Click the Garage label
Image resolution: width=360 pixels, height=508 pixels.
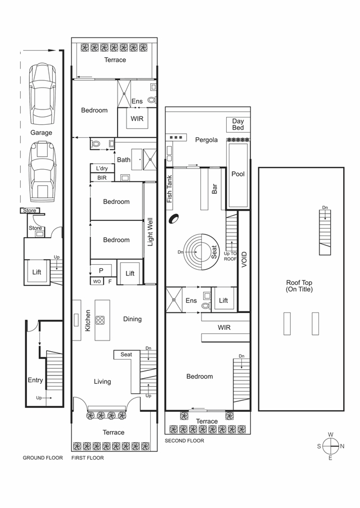41,133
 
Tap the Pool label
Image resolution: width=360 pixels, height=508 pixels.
238,174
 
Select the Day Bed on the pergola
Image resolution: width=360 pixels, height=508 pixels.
238,124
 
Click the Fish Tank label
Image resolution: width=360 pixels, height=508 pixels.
169,189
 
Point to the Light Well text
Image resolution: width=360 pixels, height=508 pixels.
150,232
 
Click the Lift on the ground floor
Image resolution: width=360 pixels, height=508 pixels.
37,272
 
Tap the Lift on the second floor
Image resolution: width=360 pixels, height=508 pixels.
223,300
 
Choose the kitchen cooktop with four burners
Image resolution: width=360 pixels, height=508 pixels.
100,320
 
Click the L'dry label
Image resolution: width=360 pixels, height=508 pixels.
102,169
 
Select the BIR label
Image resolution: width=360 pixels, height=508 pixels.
102,178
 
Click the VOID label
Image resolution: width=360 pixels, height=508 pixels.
244,260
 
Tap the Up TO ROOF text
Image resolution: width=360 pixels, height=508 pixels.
230,256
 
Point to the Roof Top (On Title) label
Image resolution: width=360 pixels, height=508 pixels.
299,286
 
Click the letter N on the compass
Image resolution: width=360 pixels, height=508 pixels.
342,446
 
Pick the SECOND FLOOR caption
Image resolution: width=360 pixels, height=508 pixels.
184,441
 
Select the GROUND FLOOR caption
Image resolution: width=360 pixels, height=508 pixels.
43,458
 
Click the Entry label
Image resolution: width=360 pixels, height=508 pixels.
35,380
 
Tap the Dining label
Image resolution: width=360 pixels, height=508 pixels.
132,319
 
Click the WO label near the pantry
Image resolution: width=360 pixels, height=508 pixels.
97,282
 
